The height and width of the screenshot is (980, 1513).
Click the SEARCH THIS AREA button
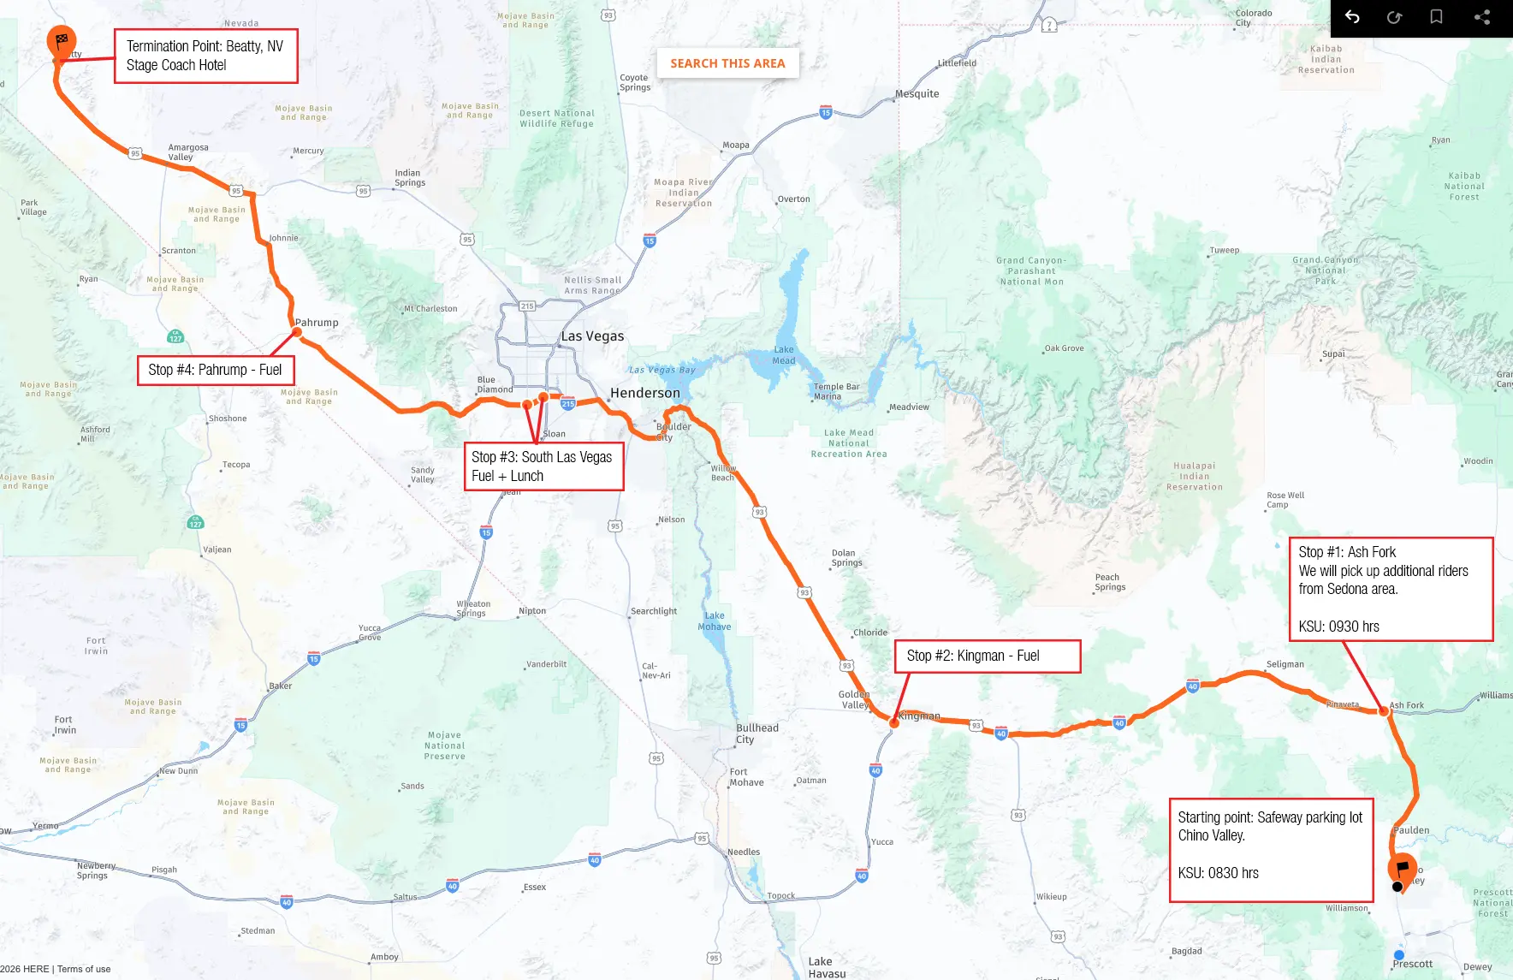[x=727, y=63]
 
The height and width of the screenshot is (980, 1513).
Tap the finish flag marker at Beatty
[x=61, y=40]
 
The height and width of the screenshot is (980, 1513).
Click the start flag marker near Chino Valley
[x=1402, y=868]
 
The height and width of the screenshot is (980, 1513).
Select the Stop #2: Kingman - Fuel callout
[x=987, y=656]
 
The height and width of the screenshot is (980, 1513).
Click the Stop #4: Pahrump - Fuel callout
[x=216, y=370]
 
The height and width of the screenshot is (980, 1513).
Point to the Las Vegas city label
[x=592, y=336]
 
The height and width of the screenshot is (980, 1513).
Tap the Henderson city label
[x=644, y=393]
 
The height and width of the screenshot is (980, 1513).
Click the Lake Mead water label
[x=784, y=354]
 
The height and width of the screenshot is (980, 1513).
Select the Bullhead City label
[x=756, y=734]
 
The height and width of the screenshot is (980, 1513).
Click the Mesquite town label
[x=917, y=94]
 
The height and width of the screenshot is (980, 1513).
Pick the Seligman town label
[x=1285, y=664]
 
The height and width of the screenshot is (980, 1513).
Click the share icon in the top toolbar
[x=1482, y=17]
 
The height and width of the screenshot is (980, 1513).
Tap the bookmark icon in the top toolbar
[x=1437, y=17]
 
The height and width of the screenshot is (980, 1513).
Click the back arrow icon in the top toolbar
[x=1352, y=17]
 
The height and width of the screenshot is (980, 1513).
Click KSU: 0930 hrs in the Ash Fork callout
[x=1338, y=627]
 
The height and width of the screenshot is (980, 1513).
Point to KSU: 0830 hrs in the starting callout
[x=1218, y=873]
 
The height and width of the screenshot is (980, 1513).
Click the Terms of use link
[x=84, y=969]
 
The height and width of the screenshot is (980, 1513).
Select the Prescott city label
[x=1412, y=964]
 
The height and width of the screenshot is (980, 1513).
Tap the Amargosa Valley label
[x=187, y=152]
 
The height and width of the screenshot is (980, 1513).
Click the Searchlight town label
[x=654, y=611]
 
